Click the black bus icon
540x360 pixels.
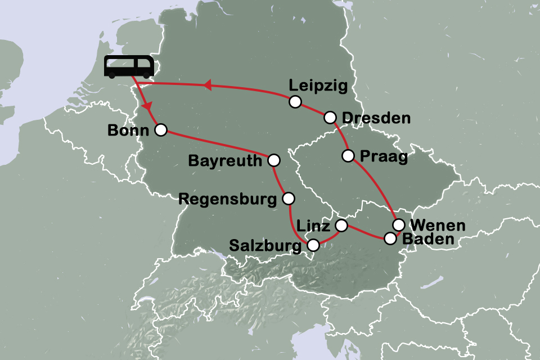pyautogui.click(x=129, y=67)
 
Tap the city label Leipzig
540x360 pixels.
pyautogui.click(x=318, y=86)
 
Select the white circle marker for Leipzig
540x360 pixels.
pyautogui.click(x=295, y=102)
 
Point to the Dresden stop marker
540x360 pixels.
pyautogui.click(x=330, y=117)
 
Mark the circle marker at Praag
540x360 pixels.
pyautogui.click(x=348, y=155)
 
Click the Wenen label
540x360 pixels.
pyautogui.click(x=438, y=226)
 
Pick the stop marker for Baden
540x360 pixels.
pyautogui.click(x=390, y=238)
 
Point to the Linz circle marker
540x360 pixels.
pyautogui.click(x=341, y=226)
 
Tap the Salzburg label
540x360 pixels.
pyautogui.click(x=266, y=246)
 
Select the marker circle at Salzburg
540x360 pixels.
pyautogui.click(x=313, y=245)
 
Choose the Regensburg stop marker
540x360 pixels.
pyautogui.click(x=288, y=198)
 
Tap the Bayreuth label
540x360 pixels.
pyautogui.click(x=225, y=161)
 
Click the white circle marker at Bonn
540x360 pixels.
pyautogui.click(x=160, y=130)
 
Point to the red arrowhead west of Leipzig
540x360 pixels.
pyautogui.click(x=207, y=85)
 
